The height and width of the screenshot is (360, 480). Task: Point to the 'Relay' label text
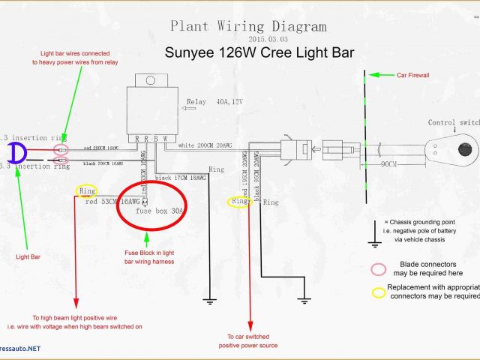[196, 102]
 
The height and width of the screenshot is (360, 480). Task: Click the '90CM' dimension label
[388, 163]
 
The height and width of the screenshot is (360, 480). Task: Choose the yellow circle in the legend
[378, 292]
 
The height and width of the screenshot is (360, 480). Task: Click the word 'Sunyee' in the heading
[191, 52]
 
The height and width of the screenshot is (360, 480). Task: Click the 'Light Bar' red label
[28, 256]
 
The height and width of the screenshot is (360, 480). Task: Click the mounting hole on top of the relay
[149, 79]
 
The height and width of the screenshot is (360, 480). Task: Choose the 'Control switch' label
[454, 122]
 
